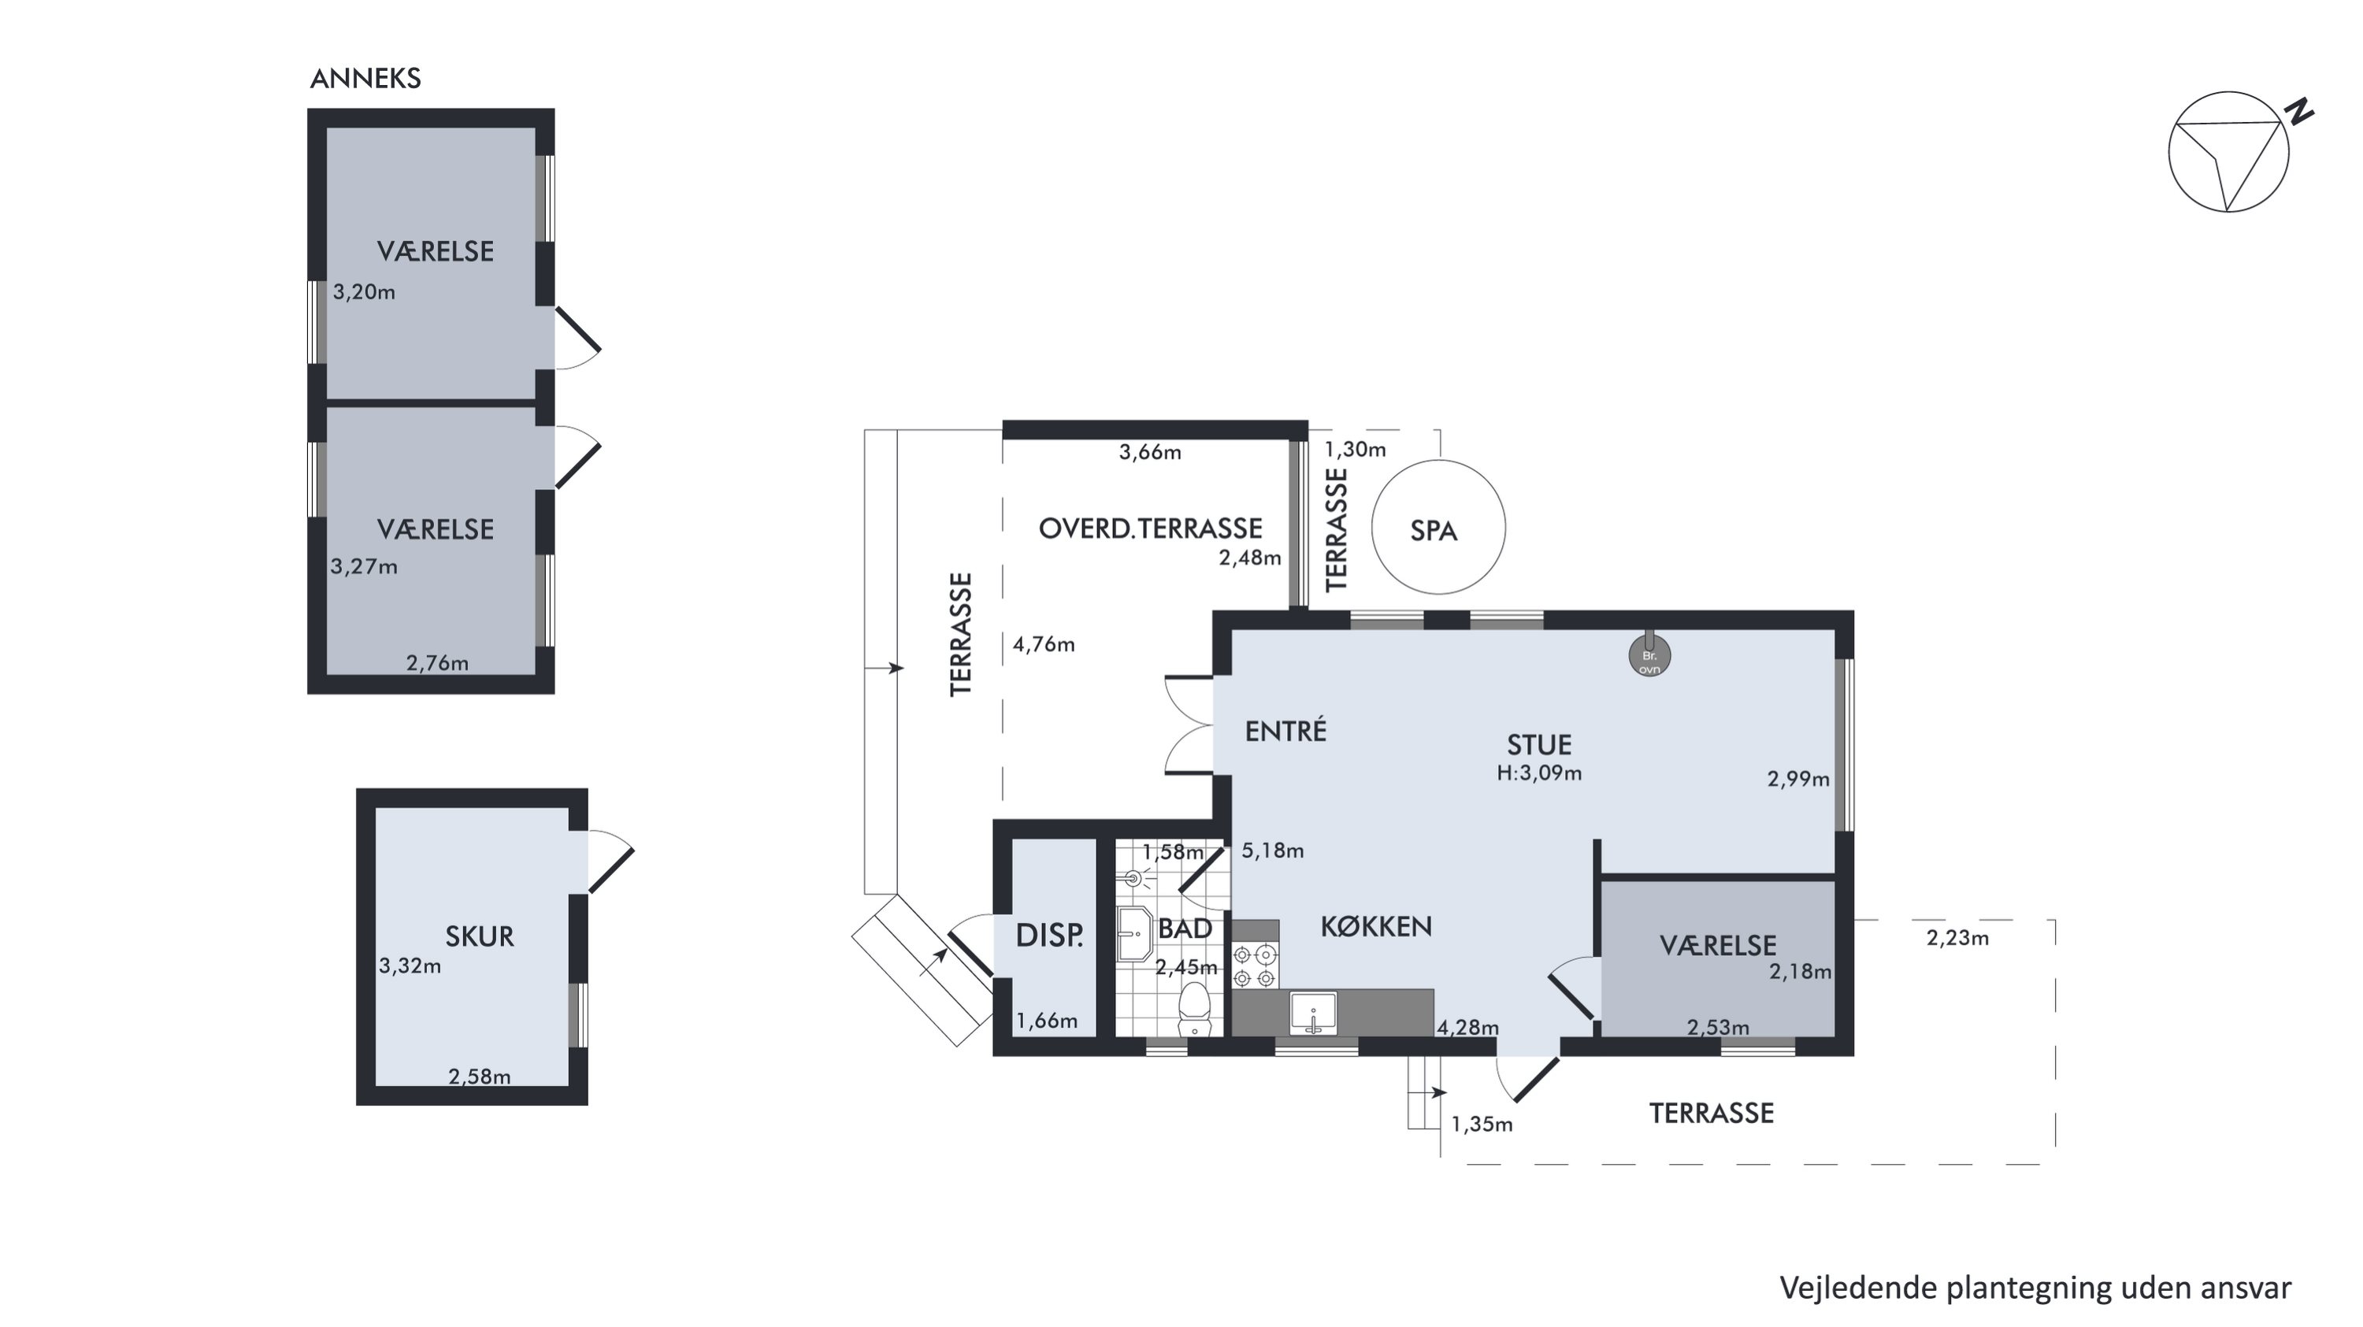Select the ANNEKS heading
click(x=365, y=79)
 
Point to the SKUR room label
click(x=479, y=936)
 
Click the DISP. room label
click(x=1049, y=936)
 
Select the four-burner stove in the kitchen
click(x=1255, y=966)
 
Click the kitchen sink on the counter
click(x=1314, y=1014)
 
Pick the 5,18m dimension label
click(x=1272, y=850)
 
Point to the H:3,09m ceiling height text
click(x=1539, y=773)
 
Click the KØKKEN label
click(x=1376, y=926)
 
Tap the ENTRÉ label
click(x=1286, y=731)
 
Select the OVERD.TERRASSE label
click(x=1150, y=528)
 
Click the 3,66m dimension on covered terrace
click(x=1150, y=452)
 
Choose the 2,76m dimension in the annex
click(x=438, y=663)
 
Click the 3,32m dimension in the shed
click(x=410, y=966)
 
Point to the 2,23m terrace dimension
click(x=1957, y=937)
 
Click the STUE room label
click(x=1539, y=745)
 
